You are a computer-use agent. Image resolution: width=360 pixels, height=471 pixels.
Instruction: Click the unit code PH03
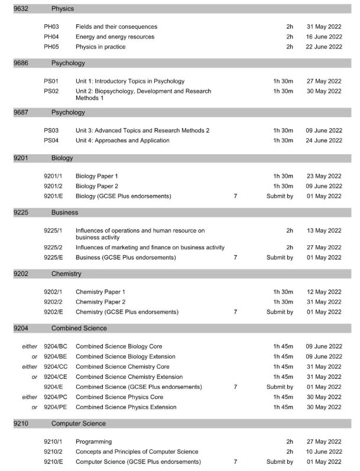[51, 27]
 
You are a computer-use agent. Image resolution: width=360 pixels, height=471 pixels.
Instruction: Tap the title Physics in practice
[106, 47]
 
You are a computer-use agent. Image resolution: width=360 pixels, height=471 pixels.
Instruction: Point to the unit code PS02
[51, 91]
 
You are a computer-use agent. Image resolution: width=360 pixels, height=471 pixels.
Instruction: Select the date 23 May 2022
[324, 176]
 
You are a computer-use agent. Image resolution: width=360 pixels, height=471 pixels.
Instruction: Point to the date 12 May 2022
[324, 291]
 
